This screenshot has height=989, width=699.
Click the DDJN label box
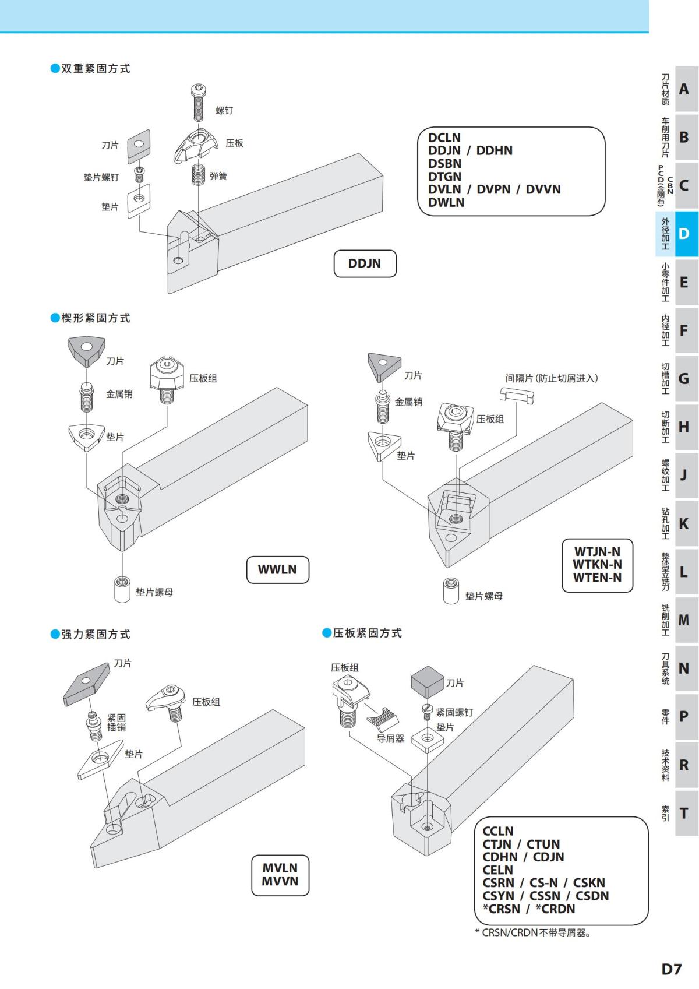365,263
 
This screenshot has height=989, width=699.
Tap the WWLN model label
277,569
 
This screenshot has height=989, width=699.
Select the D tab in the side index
684,234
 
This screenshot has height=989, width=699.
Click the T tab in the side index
684,813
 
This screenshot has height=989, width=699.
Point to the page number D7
671,969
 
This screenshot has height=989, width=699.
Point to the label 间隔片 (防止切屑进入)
551,378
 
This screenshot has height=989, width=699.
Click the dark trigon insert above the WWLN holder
86,350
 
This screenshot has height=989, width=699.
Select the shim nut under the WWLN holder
122,588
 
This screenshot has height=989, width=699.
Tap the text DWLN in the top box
446,202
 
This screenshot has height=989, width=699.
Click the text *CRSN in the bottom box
502,909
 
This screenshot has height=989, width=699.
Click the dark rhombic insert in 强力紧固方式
86,683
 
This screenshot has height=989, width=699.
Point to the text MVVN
280,881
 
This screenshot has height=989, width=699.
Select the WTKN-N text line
597,564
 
